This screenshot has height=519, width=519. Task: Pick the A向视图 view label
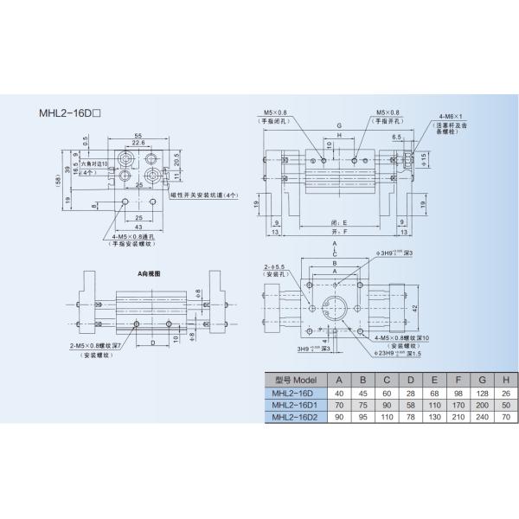pyautogui.click(x=150, y=273)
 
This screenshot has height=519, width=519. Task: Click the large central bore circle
pyautogui.click(x=334, y=305)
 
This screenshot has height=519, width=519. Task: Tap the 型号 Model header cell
pyautogui.click(x=295, y=380)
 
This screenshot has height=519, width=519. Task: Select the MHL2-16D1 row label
pyautogui.click(x=296, y=406)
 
